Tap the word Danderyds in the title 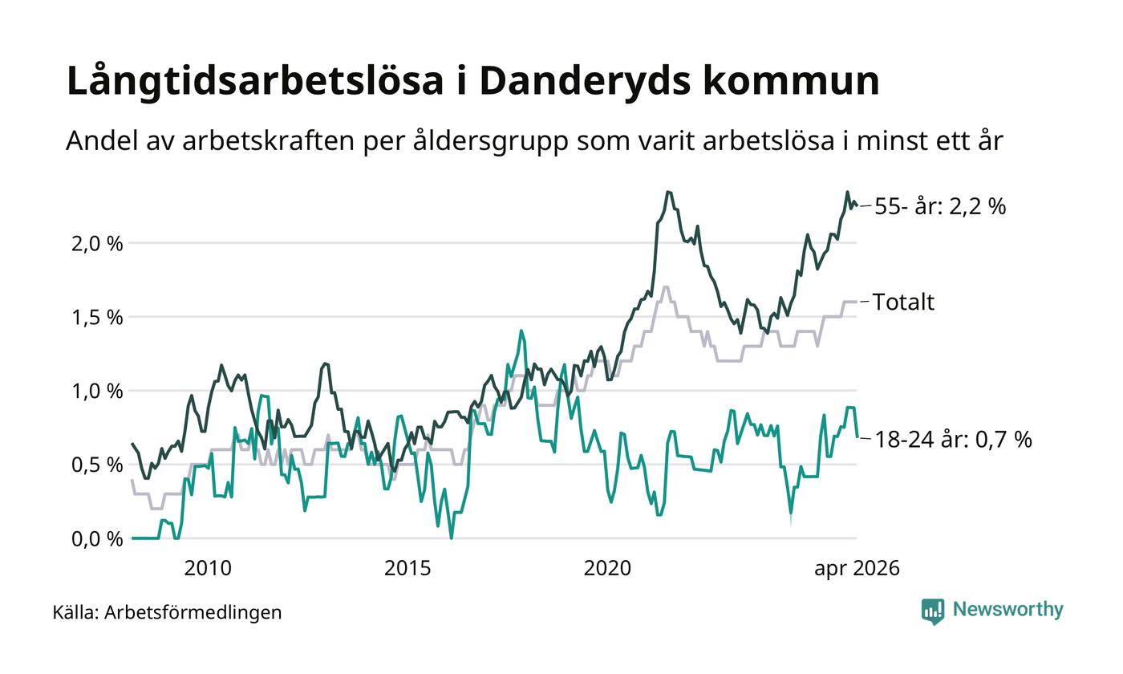coord(585,81)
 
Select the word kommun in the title coord(791,81)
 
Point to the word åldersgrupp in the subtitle coord(491,141)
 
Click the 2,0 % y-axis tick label coord(97,244)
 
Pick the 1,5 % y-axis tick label coord(97,318)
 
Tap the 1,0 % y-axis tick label coord(97,392)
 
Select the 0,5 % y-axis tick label coord(97,465)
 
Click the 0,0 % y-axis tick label coord(97,539)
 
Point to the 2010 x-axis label coord(208,569)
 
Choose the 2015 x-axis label coord(407,569)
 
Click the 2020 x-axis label coord(607,569)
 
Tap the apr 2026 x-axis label coord(857,569)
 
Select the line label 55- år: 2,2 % coord(940,207)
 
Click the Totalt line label coord(903,302)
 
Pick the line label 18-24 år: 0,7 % coord(953,440)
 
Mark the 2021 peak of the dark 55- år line coord(668,192)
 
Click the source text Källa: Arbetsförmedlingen coord(167,613)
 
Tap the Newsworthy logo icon coord(932,611)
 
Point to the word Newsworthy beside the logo coord(1007,610)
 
